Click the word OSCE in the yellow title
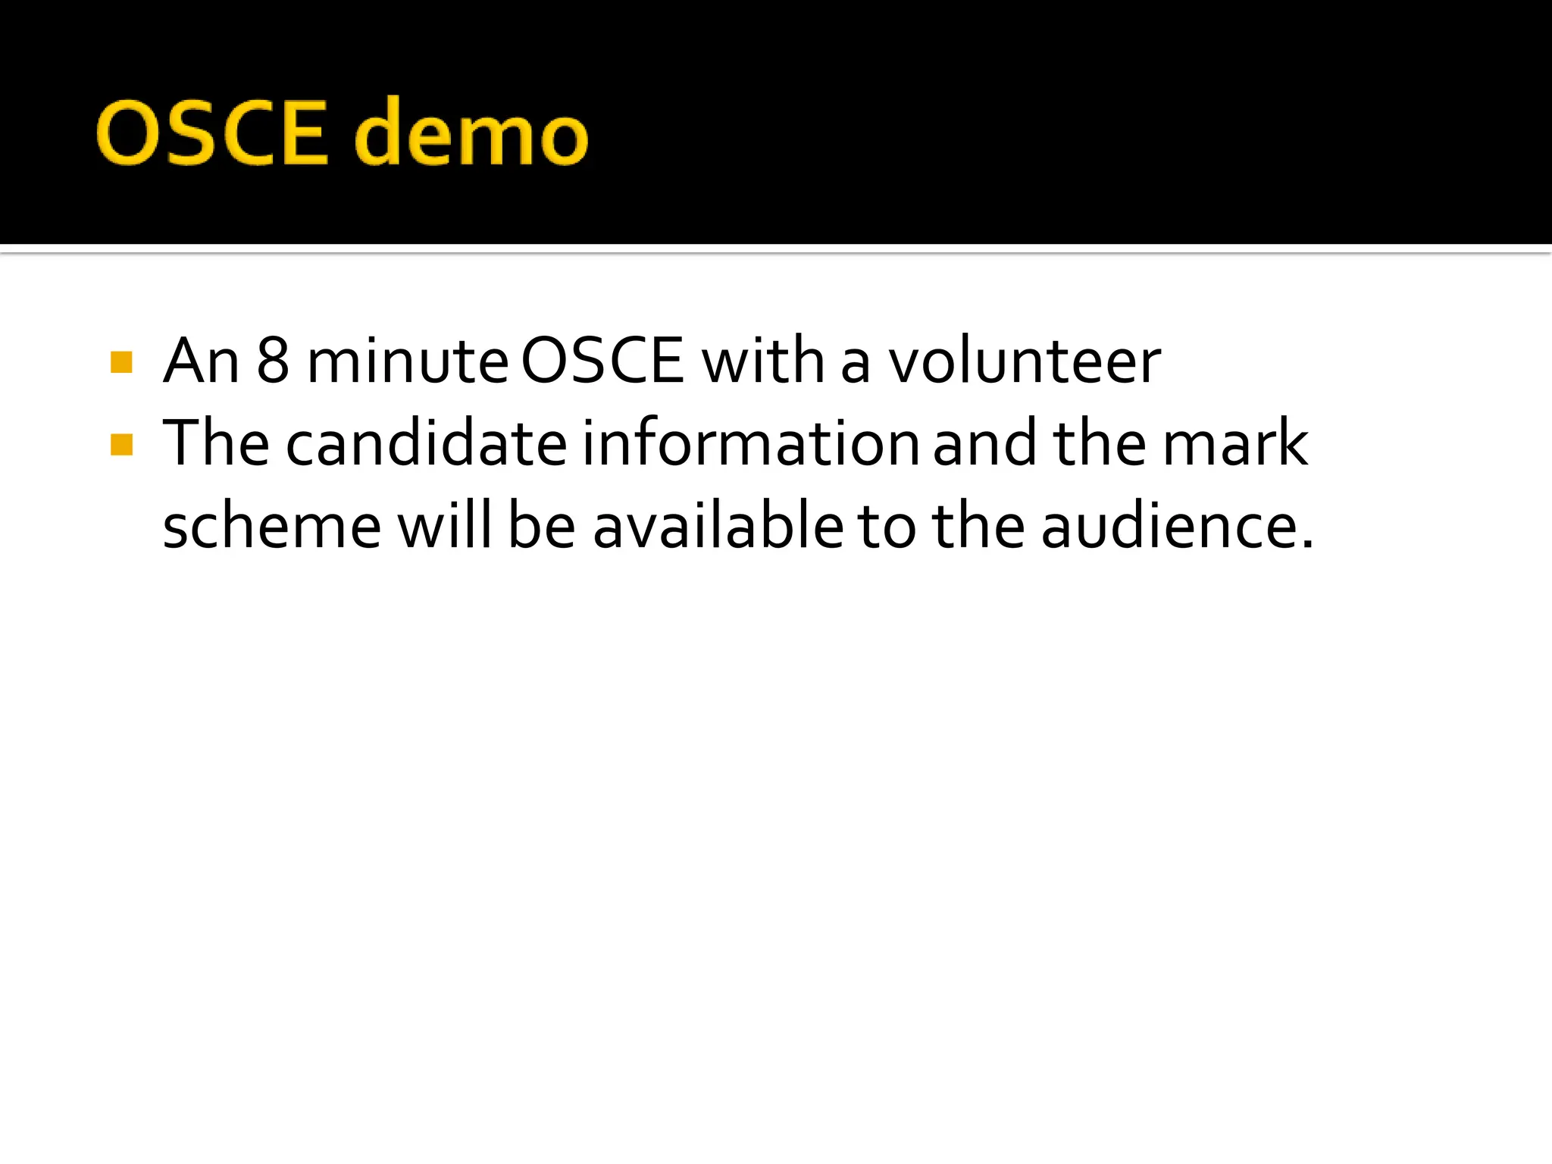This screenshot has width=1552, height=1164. click(x=212, y=133)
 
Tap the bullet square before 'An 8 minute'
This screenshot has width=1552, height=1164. click(x=121, y=362)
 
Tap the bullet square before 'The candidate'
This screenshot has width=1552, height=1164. click(x=121, y=444)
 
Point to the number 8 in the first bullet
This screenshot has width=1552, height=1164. click(x=273, y=361)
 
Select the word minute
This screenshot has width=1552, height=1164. click(x=408, y=361)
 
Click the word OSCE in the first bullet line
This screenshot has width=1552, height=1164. click(x=603, y=361)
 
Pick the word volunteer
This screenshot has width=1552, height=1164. click(x=1025, y=361)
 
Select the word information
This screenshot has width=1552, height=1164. click(x=751, y=443)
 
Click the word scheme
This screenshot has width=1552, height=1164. click(x=272, y=527)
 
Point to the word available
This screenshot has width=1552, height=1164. click(x=718, y=525)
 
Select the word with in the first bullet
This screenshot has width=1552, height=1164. click(x=763, y=361)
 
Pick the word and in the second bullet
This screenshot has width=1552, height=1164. click(x=984, y=443)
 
